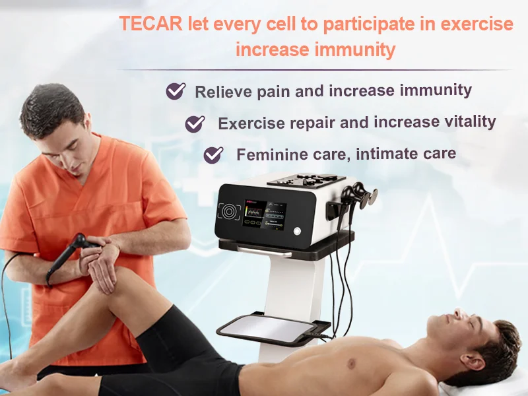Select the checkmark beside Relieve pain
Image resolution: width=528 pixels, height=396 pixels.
click(175, 90)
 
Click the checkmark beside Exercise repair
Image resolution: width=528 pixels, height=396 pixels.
click(195, 123)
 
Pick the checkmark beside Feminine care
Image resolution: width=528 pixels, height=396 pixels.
click(213, 155)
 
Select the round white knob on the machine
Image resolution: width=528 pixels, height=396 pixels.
click(296, 231)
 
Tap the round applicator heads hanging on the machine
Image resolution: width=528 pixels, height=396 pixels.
click(361, 197)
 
